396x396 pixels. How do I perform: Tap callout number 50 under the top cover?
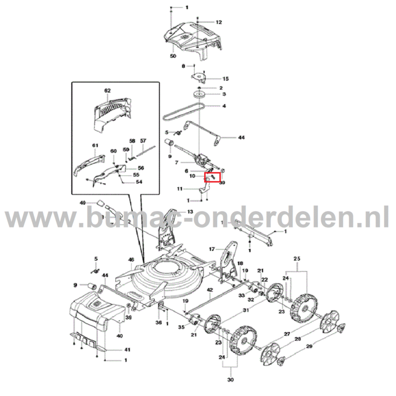pos(173,57)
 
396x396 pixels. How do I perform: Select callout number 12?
pos(219,23)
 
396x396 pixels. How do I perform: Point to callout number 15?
pos(225,79)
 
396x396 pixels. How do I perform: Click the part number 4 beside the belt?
pos(224,106)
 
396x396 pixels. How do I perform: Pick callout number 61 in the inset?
pos(94,145)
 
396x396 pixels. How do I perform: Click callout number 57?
pos(143,140)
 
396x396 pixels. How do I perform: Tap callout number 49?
pos(83,203)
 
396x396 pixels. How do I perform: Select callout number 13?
pos(190,212)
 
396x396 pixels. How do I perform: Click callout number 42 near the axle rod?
pos(209,290)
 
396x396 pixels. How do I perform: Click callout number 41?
pos(127,350)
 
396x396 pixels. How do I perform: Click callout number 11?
pos(179,188)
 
